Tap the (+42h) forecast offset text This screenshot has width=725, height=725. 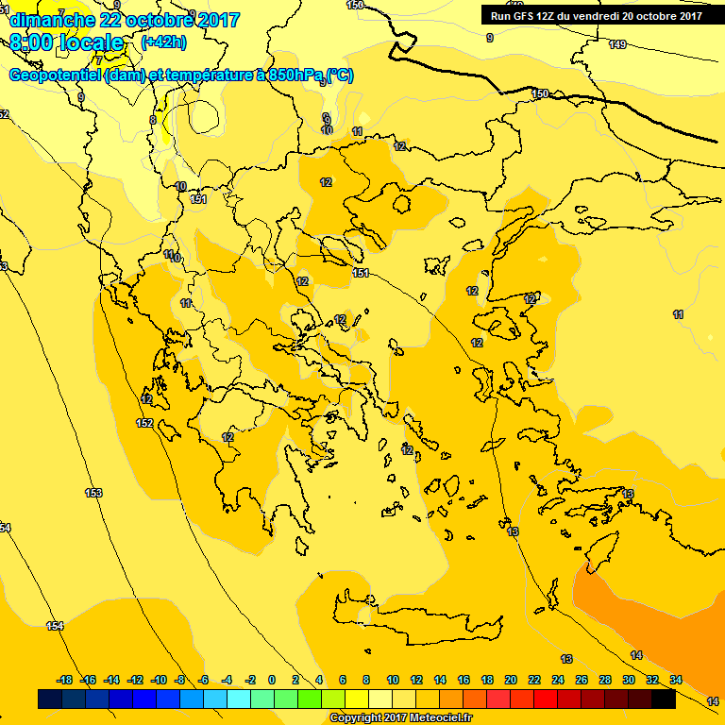tap(162, 42)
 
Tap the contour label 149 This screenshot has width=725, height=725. tap(617, 44)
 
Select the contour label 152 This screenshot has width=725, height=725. tap(144, 423)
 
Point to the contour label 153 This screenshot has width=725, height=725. tap(93, 493)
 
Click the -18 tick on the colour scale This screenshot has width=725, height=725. tap(65, 680)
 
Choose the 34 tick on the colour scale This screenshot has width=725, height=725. tap(676, 680)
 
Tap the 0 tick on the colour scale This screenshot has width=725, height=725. tap(272, 680)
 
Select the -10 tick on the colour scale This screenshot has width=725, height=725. tap(158, 680)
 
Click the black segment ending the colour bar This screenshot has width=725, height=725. tap(664, 699)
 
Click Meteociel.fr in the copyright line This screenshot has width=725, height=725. tap(431, 717)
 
